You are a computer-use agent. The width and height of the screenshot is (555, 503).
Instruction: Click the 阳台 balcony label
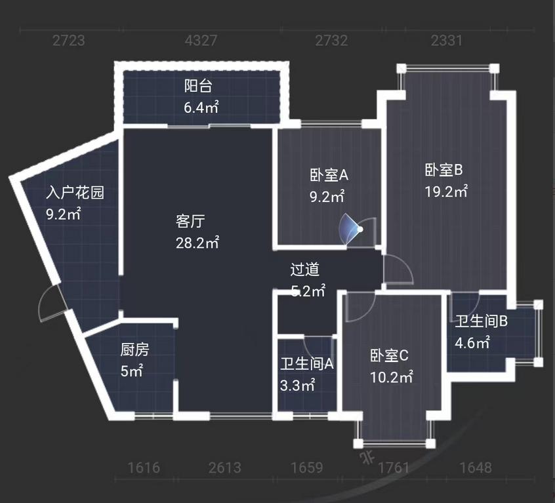(197, 86)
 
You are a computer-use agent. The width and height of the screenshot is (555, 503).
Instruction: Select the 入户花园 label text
(75, 193)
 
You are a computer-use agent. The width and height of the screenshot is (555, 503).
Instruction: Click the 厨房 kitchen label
(134, 350)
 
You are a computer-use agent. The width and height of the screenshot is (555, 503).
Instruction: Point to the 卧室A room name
(329, 175)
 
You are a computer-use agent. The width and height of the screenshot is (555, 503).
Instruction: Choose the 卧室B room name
(444, 170)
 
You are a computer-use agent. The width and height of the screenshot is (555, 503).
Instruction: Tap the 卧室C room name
(389, 356)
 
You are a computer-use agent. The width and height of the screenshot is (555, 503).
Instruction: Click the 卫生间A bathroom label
(307, 363)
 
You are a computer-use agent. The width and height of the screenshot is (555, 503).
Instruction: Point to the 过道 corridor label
(305, 270)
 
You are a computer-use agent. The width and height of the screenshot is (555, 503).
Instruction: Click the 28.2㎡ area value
(197, 243)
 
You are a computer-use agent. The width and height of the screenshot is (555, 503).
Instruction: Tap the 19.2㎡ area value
(446, 192)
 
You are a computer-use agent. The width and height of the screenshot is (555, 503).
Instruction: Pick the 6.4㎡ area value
(201, 108)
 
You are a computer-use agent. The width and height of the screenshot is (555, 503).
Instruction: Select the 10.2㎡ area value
(391, 378)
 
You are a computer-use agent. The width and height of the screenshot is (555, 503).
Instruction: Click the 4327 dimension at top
(201, 41)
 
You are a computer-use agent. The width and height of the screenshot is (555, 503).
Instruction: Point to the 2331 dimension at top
(447, 41)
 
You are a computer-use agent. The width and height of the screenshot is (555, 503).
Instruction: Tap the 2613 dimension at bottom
(224, 468)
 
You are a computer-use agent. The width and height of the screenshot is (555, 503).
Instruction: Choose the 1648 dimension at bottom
(476, 468)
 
